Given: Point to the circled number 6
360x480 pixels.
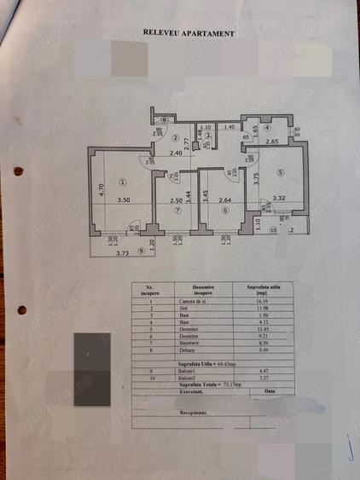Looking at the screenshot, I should coord(225,211).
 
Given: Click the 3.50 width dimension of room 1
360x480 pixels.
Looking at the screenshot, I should coord(123,200).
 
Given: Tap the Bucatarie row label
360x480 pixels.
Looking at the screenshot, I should coord(203,341).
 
